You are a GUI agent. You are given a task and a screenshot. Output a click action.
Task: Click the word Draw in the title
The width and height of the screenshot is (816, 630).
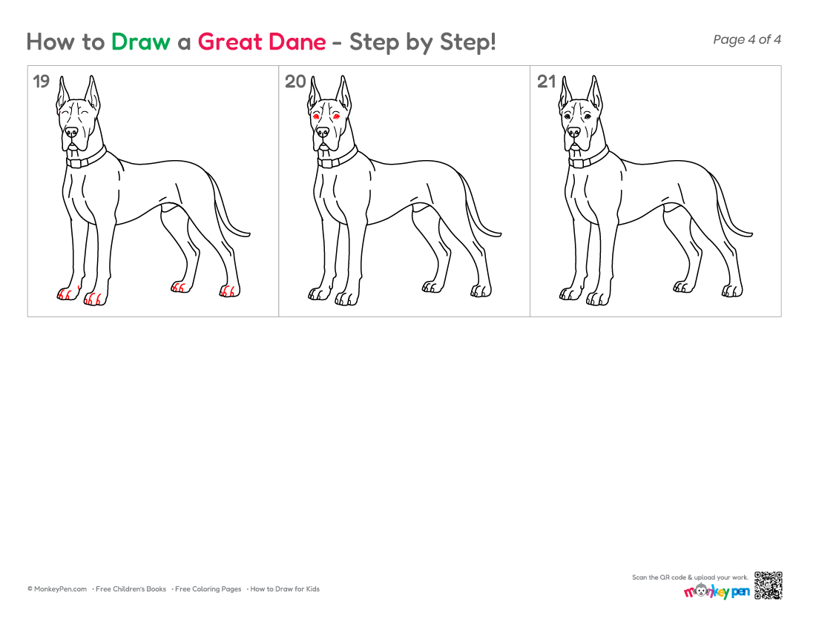140,42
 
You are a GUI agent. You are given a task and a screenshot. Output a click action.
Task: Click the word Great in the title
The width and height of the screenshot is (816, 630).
229,42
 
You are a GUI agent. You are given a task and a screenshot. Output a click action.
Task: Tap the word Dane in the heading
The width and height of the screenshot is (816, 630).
296,42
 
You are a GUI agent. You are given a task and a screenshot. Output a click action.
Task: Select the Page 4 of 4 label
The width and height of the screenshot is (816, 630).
747,39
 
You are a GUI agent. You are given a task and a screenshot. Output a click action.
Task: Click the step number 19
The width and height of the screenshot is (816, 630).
41,81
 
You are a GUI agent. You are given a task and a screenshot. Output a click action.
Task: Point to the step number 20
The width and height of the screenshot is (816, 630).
295,81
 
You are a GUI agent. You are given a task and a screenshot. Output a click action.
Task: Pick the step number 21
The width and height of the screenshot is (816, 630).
547,81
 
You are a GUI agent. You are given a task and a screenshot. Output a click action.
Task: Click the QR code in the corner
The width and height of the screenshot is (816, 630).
768,586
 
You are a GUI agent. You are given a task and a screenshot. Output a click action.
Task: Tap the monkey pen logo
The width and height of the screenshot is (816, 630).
717,591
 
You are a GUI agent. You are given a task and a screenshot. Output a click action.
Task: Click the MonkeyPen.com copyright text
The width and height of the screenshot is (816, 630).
57,589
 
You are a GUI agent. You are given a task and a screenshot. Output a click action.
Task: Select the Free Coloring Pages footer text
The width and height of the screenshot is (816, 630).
208,589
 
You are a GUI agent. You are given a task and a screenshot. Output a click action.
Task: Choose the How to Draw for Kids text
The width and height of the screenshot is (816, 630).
285,589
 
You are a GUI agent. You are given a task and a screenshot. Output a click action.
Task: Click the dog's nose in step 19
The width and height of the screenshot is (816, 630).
72,132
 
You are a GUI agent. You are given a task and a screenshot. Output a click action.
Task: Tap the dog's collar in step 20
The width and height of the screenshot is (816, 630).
338,157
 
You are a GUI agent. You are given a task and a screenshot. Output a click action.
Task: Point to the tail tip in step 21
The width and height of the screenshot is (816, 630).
750,234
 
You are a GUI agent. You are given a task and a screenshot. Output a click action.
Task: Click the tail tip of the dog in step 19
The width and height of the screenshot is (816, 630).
248,234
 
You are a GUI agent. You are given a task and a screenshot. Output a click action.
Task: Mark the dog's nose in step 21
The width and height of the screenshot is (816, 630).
574,132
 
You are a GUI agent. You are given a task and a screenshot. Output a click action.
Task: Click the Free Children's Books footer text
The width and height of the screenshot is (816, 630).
131,589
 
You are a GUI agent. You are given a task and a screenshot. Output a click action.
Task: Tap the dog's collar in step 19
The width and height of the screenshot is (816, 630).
86,157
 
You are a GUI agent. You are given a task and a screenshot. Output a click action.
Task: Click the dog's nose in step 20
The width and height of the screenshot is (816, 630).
323,132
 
